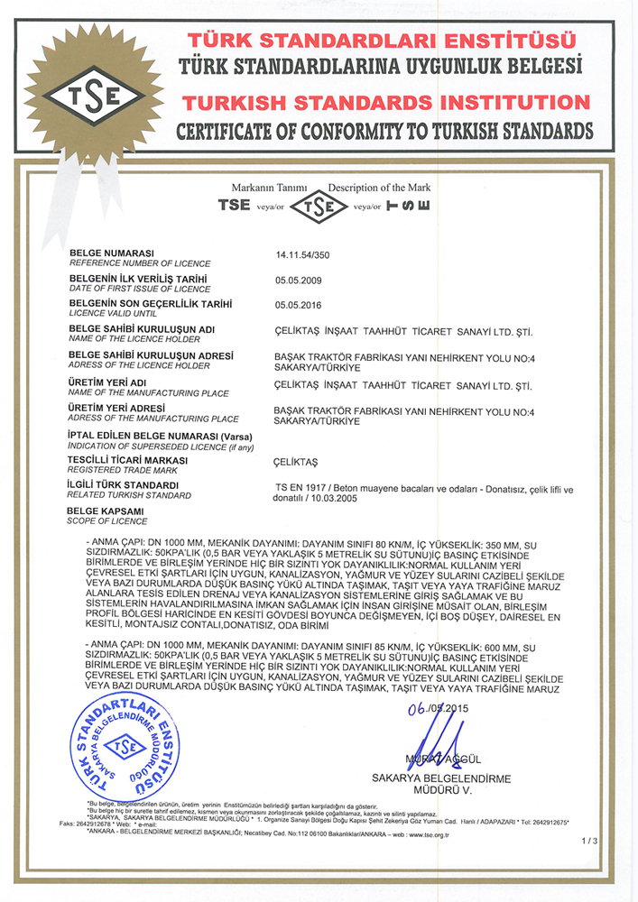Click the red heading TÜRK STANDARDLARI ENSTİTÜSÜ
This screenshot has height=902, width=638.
pyautogui.click(x=381, y=40)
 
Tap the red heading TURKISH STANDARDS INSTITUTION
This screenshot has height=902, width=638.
pyautogui.click(x=384, y=99)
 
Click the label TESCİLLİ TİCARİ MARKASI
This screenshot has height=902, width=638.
pyautogui.click(x=127, y=460)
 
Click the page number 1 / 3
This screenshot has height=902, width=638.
pyautogui.click(x=589, y=841)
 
